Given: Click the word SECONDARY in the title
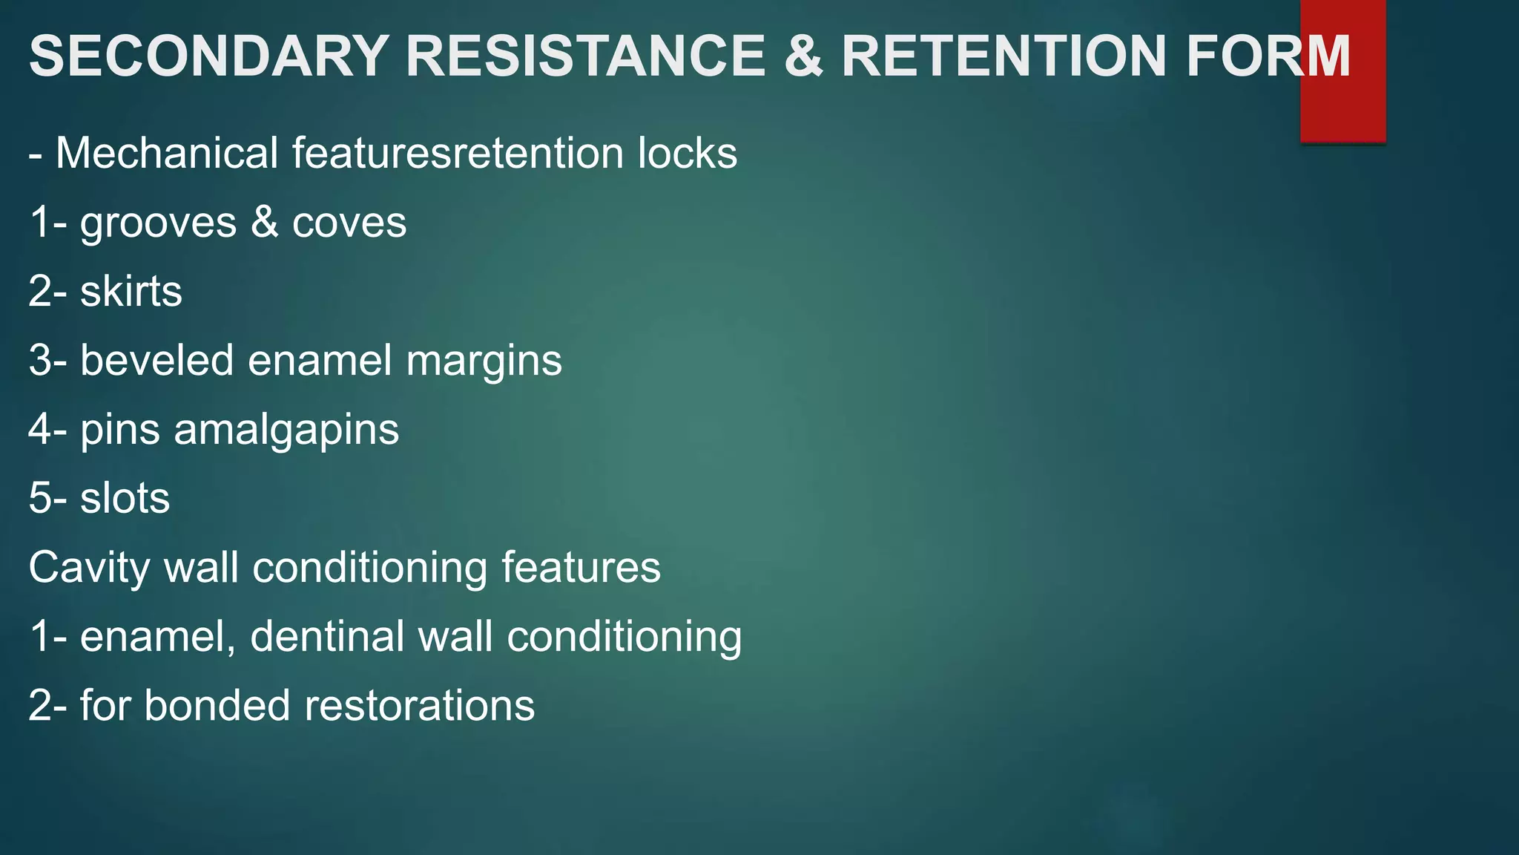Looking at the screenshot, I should [209, 56].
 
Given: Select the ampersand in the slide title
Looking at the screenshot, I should [803, 56].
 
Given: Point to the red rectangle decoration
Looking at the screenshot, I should [1342, 111].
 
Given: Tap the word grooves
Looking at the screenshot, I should [159, 223].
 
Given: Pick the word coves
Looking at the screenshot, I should [349, 223].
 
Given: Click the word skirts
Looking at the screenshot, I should [131, 291].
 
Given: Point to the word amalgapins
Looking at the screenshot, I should [286, 430].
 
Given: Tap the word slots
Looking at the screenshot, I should [125, 498].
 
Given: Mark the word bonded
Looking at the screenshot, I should [217, 705].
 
